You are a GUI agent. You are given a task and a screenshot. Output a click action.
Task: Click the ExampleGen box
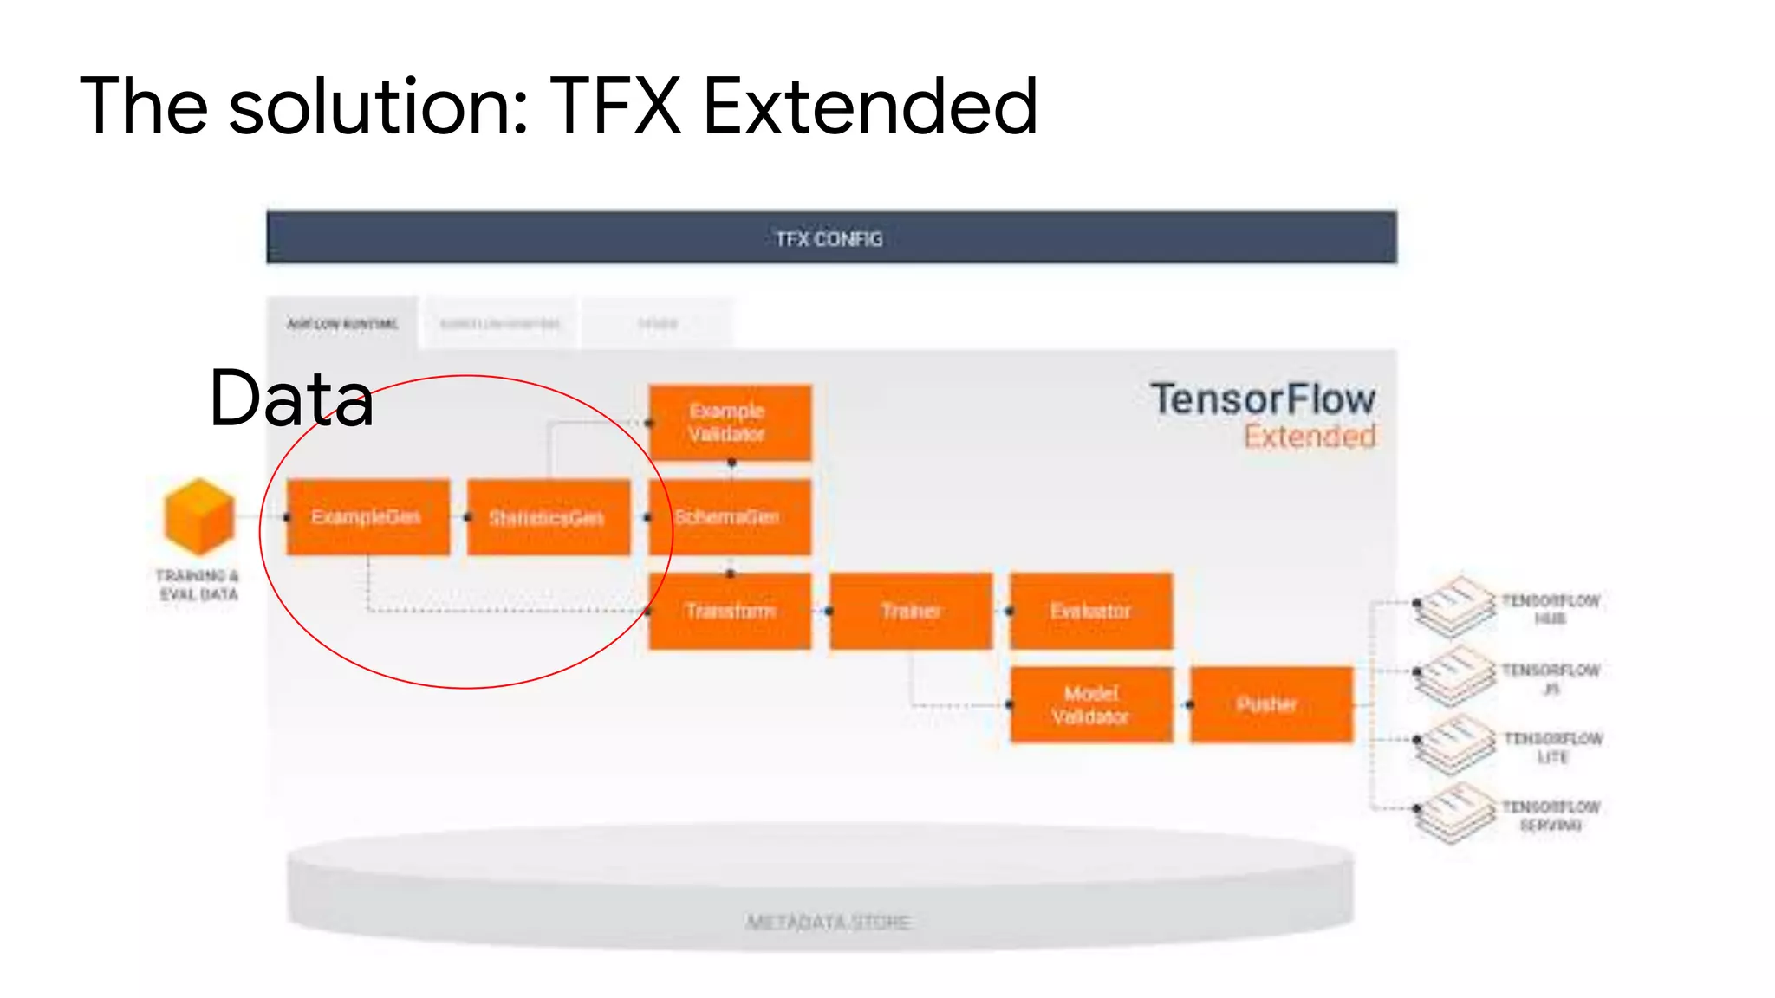[x=367, y=517]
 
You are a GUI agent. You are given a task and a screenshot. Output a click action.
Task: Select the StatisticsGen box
[x=548, y=517]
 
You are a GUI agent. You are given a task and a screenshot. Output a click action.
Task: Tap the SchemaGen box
[x=730, y=517]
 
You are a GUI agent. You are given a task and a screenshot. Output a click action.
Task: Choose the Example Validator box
[x=730, y=423]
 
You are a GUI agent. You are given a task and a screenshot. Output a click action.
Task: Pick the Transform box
[x=730, y=611]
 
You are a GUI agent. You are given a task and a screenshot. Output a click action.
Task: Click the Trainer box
[x=910, y=611]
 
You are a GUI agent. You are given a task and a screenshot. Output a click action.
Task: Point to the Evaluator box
[x=1091, y=611]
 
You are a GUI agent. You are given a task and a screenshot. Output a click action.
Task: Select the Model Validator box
[x=1091, y=704]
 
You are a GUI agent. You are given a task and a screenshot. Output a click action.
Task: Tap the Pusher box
[x=1271, y=704]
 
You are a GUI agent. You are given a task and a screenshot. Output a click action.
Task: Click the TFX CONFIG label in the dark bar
[x=829, y=239]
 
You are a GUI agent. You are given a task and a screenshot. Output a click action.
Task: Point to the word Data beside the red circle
[x=291, y=399]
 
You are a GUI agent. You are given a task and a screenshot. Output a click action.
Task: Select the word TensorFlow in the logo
[x=1263, y=399]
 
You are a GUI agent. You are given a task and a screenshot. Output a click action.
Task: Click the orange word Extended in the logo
[x=1310, y=437]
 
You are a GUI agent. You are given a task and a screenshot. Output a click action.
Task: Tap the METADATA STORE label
[x=829, y=922]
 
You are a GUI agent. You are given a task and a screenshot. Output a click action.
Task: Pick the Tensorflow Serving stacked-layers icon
[x=1455, y=813]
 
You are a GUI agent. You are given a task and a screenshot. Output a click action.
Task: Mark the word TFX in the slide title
[x=615, y=107]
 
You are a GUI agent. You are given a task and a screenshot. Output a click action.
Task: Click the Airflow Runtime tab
[x=342, y=324]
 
